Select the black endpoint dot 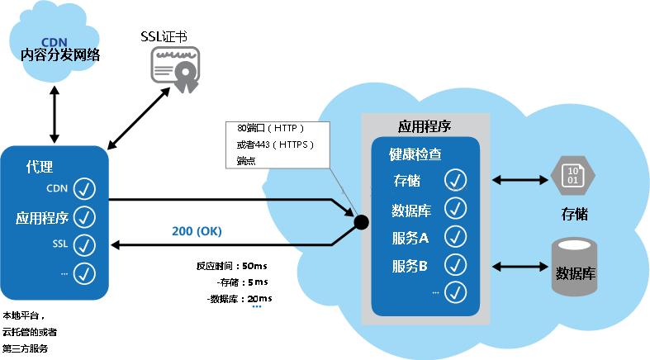[361, 221]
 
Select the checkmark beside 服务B [456, 265]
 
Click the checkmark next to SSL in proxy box [85, 244]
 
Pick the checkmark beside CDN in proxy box [85, 189]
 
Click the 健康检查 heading [415, 154]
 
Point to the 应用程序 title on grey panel [425, 126]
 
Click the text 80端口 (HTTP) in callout [271, 129]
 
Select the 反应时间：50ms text [232, 267]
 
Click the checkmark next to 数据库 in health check [456, 208]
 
